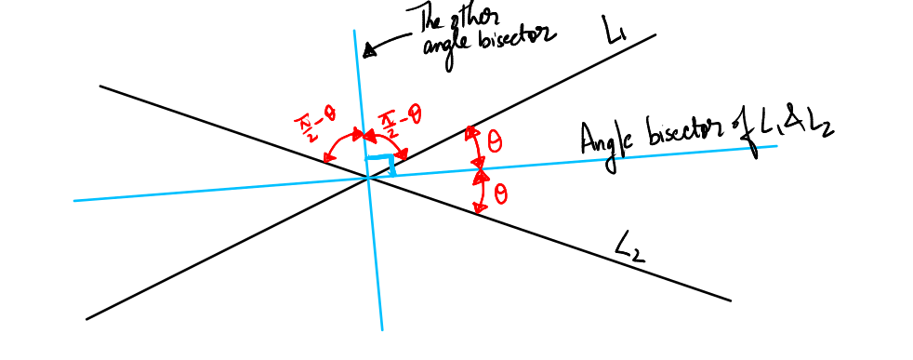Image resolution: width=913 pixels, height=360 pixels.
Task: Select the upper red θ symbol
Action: point(494,140)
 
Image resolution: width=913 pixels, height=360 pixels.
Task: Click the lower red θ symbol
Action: point(500,194)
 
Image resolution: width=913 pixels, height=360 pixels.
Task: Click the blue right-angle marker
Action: point(380,166)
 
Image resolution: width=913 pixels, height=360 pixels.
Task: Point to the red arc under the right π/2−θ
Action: point(383,141)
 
